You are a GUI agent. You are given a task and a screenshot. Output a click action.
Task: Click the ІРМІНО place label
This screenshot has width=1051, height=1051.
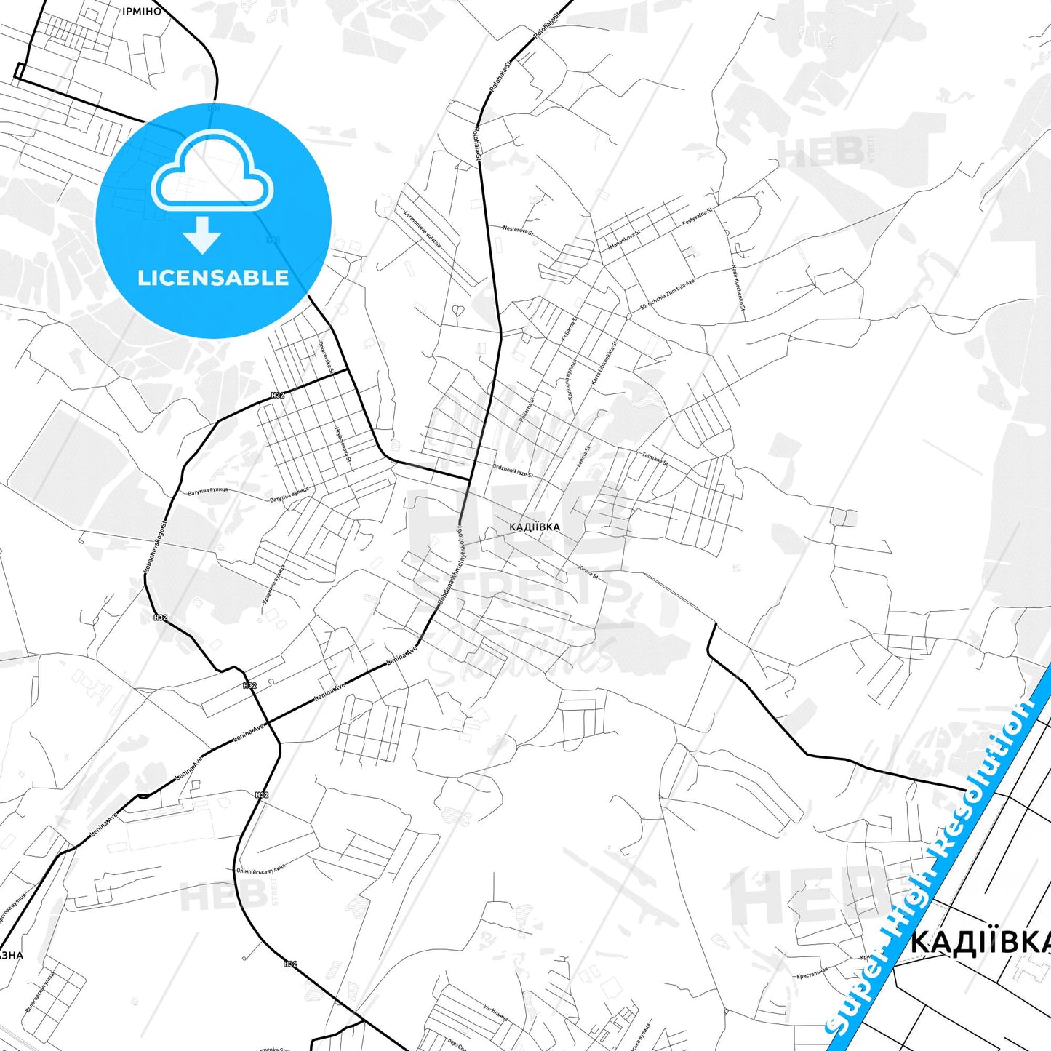pos(142,12)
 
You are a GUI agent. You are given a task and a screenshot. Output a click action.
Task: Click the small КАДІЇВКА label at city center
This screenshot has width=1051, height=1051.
pos(535,527)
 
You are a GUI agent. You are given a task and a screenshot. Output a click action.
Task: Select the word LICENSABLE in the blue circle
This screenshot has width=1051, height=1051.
pos(213,278)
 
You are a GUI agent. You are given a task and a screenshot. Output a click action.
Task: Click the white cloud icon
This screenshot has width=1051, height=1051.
pos(212,172)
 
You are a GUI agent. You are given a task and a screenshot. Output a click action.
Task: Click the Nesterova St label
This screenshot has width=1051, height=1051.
pos(518,231)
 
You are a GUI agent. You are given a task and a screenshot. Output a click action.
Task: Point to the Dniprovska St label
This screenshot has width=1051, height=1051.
pos(325,358)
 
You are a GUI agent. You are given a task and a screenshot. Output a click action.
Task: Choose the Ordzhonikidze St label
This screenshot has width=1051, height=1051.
pos(513,471)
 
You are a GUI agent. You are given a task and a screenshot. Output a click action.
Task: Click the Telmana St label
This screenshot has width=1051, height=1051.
pos(655,458)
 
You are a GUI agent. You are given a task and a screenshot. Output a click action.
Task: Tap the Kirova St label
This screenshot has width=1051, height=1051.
pos(588,572)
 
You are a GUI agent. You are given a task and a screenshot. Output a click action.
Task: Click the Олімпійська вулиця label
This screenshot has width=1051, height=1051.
pos(261,870)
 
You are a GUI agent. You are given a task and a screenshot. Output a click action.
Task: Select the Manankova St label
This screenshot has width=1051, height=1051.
pos(625,239)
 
